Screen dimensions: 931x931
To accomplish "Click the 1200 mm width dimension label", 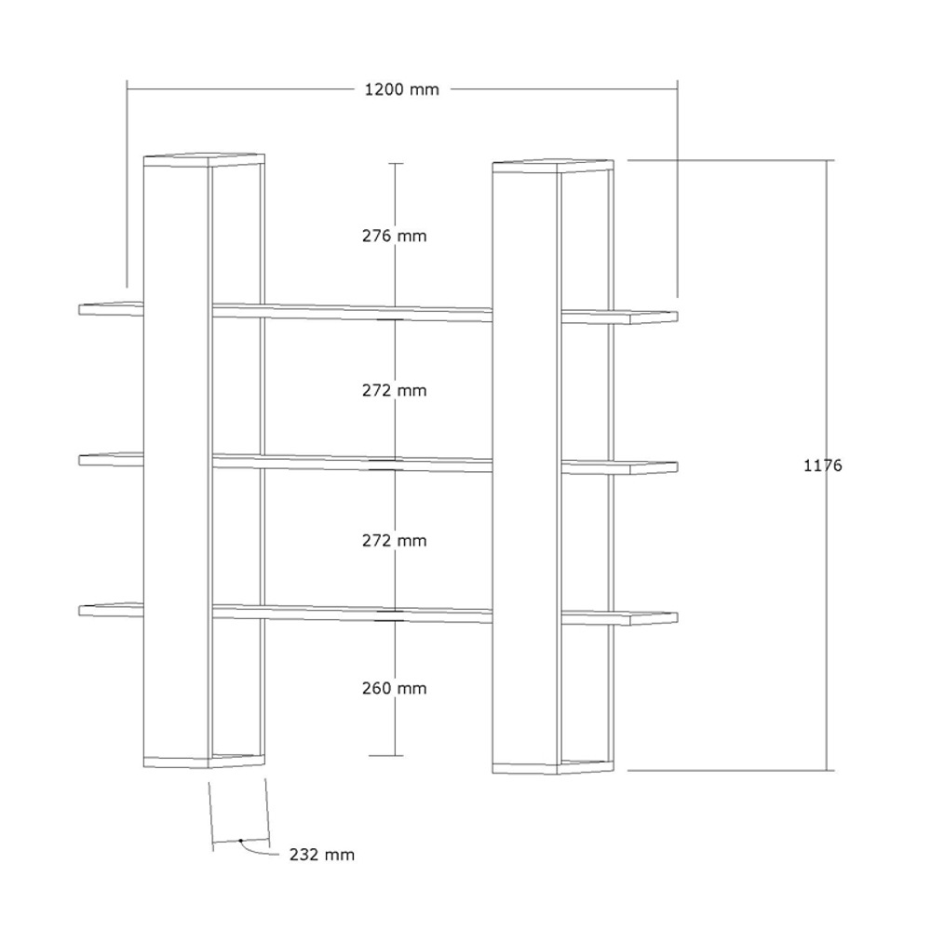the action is click(x=402, y=89).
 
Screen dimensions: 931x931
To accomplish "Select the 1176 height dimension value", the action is click(x=822, y=465).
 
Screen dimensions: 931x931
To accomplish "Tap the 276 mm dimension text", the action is click(x=394, y=236).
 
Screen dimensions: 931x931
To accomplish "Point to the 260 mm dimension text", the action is click(x=394, y=689).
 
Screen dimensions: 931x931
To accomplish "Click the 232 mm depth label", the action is click(x=322, y=855).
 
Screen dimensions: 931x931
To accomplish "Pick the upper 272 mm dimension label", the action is click(x=394, y=391).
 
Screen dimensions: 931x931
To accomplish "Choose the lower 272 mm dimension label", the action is click(x=394, y=541).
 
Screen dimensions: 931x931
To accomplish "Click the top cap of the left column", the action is click(x=204, y=160).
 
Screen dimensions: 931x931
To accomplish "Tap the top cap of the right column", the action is click(x=553, y=166).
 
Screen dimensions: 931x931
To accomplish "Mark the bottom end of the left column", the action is click(x=204, y=762).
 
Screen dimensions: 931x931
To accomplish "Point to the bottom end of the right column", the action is click(x=553, y=767).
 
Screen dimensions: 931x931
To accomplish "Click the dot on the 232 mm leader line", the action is click(x=240, y=841).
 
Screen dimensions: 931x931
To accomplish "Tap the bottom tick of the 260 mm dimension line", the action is click(x=386, y=756).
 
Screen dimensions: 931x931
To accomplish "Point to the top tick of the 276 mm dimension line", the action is click(x=396, y=163).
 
